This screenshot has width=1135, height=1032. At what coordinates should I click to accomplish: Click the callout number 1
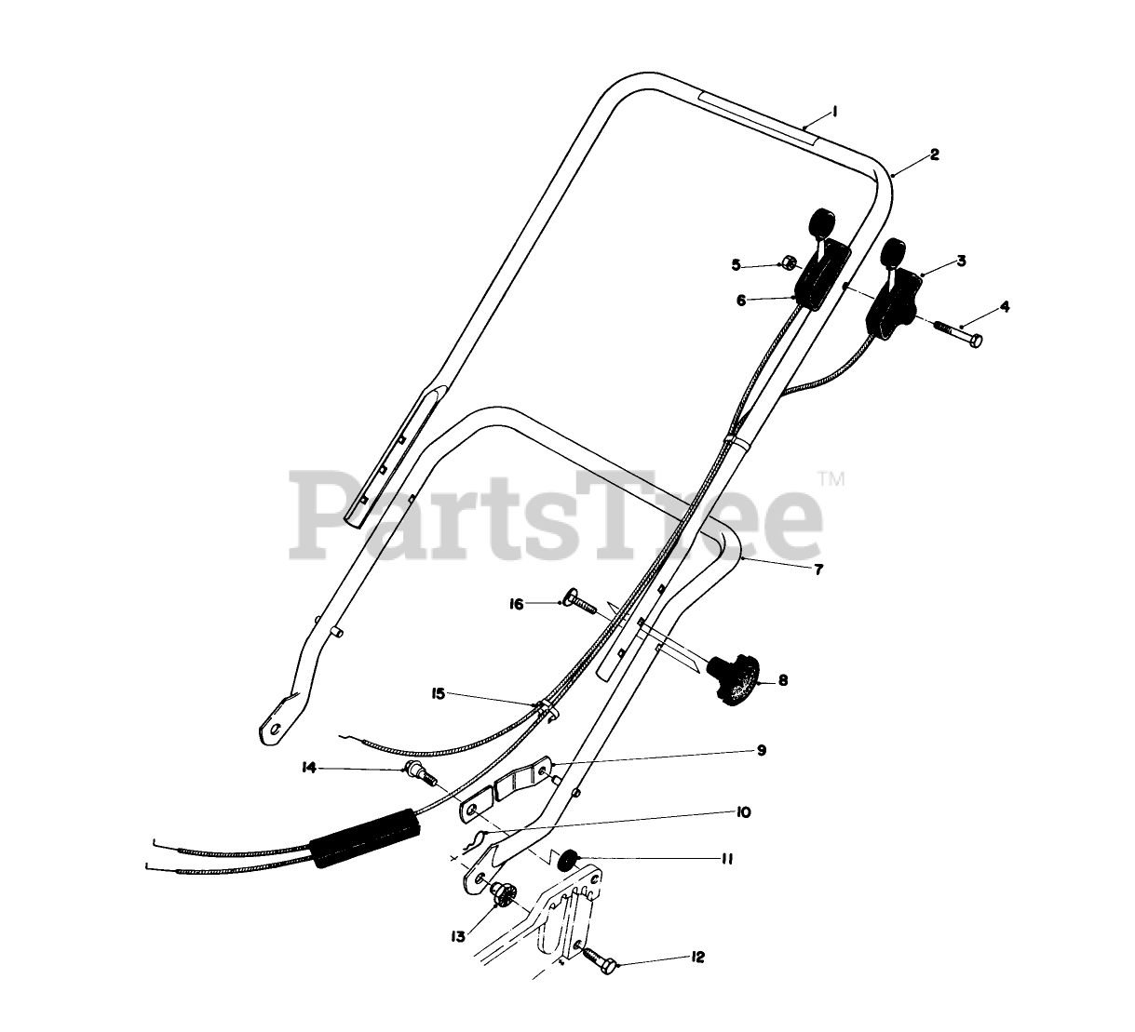click(835, 112)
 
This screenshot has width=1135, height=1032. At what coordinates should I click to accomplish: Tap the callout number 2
click(934, 154)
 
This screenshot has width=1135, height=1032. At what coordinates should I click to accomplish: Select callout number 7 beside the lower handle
click(818, 570)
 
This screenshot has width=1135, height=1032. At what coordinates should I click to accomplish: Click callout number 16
click(517, 604)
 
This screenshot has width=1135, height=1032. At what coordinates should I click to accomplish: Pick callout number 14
click(309, 768)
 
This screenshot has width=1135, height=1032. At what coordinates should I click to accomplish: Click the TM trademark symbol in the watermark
click(831, 479)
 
